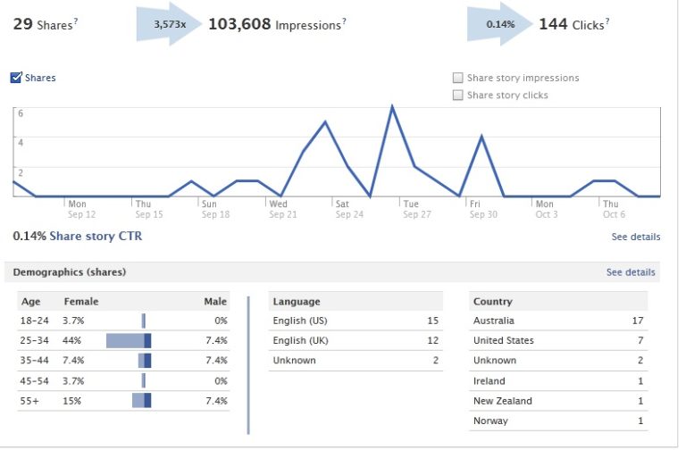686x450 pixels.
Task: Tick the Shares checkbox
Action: coord(16,78)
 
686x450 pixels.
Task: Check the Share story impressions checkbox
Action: coord(458,78)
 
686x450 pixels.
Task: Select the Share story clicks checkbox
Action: coord(458,95)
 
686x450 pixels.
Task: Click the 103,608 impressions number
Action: coord(239,24)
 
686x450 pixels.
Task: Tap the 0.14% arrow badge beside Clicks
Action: coord(499,24)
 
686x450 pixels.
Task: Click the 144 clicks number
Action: coord(553,24)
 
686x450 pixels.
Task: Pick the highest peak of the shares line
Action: coord(392,106)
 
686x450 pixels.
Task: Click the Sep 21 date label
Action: coord(282,214)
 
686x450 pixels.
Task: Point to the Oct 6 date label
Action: coord(613,214)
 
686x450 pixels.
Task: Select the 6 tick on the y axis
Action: coord(21,113)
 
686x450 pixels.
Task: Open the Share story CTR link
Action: coord(96,237)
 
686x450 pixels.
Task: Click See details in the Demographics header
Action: coord(630,272)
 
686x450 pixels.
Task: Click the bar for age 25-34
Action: coord(129,340)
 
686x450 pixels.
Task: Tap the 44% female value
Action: coord(72,340)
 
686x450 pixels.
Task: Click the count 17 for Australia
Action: coord(637,321)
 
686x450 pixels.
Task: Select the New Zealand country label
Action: coord(502,401)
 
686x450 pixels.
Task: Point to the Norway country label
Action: coord(490,421)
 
